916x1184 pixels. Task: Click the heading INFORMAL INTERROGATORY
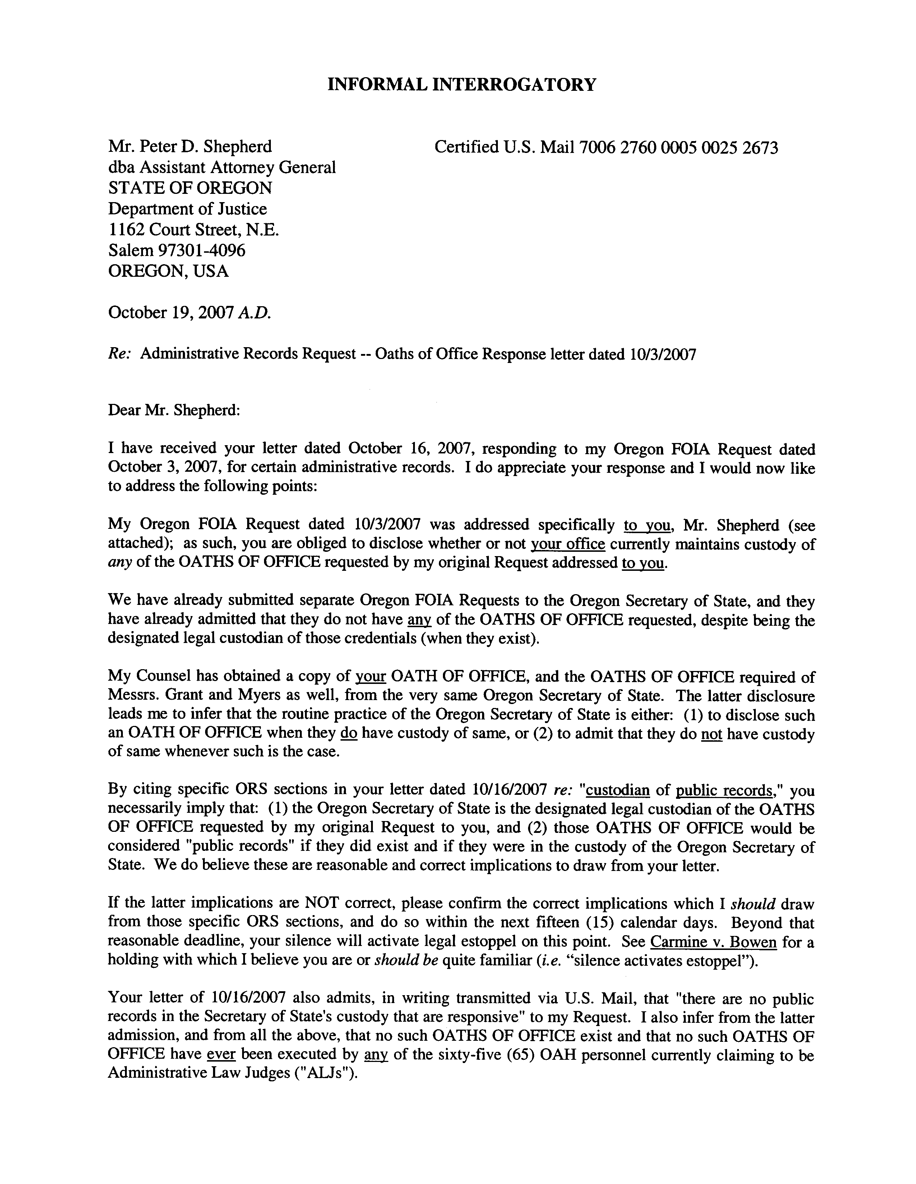pos(462,85)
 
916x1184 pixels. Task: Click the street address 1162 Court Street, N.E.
pos(194,230)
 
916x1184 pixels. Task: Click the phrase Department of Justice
pos(188,209)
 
